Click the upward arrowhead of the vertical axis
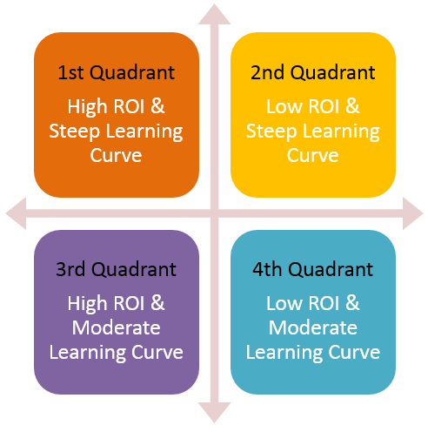pos(214,15)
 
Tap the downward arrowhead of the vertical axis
pos(214,412)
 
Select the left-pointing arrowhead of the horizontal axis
pos(17,213)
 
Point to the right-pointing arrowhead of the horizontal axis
pos(412,213)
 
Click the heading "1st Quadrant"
pos(117,72)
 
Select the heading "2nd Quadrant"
pos(313,72)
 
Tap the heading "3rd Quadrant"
pos(117,269)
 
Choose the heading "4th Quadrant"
pos(313,269)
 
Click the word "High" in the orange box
pos(87,107)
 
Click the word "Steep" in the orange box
pos(74,132)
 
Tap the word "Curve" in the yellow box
pos(313,156)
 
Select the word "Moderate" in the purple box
pos(117,328)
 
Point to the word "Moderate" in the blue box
pos(313,328)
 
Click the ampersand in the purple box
pos(157,303)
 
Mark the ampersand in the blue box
pos(352,303)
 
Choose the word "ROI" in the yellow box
pos(324,106)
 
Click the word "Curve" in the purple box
pos(157,353)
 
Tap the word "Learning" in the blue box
pos(284,354)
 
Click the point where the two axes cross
pos(214,213)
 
